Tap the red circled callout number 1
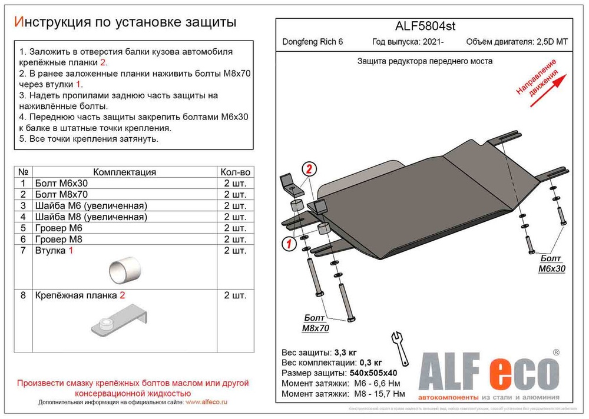(287, 244)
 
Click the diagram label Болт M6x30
(552, 264)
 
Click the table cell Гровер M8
(58, 239)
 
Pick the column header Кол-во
(236, 172)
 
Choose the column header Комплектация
(124, 172)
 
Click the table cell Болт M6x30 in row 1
(61, 183)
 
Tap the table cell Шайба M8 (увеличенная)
(91, 217)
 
